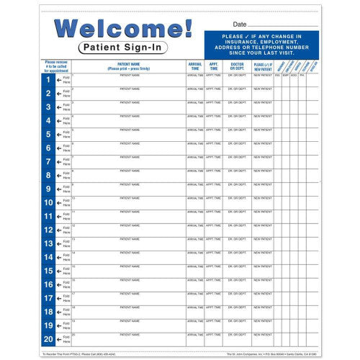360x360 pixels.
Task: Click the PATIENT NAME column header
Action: (x=129, y=66)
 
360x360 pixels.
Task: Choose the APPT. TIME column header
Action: (x=214, y=66)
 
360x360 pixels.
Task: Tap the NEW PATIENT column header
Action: (x=262, y=66)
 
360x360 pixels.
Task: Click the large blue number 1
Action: (x=48, y=79)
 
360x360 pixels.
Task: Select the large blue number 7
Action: (x=48, y=161)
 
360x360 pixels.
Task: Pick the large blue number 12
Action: (x=48, y=230)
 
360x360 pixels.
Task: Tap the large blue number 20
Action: (x=48, y=339)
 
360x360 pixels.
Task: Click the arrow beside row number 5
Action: (x=59, y=135)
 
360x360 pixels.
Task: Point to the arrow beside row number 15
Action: (x=59, y=271)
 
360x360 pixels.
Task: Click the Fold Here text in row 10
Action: (x=66, y=203)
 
